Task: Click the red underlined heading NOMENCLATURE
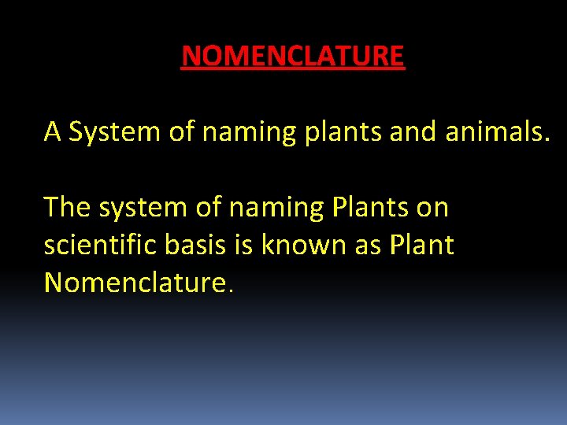[292, 57]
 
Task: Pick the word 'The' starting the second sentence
[67, 207]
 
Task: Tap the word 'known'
[302, 245]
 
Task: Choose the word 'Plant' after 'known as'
[421, 245]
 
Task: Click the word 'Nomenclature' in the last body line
[136, 282]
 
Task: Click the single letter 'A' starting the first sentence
[53, 131]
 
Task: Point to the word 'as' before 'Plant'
[367, 246]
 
